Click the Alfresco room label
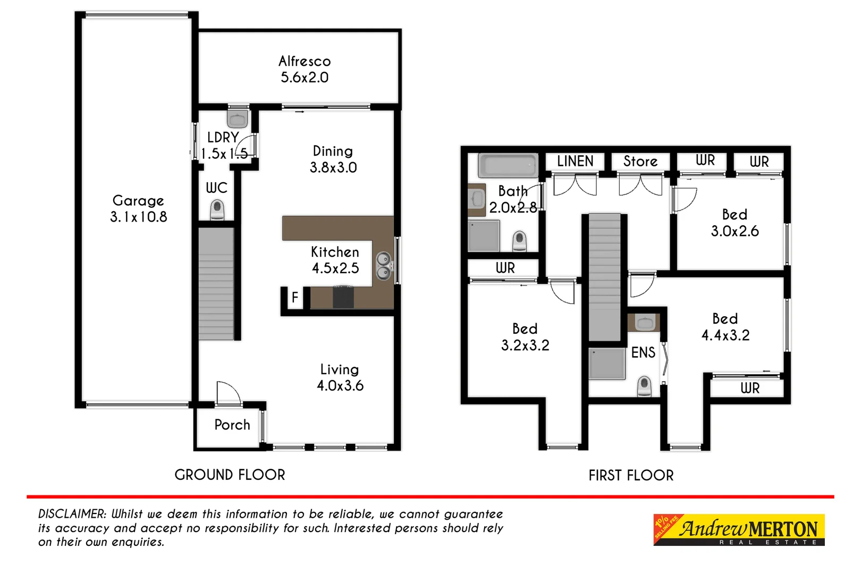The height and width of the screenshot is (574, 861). point(305,61)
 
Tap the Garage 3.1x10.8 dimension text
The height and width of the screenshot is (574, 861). point(138,217)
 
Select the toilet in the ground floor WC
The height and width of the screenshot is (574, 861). point(217,209)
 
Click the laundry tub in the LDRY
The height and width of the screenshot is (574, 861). point(238,118)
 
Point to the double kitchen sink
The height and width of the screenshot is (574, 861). point(383,266)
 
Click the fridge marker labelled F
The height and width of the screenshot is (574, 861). point(295,298)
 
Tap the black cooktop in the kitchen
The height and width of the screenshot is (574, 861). point(343,297)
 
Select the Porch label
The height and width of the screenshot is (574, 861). point(232,425)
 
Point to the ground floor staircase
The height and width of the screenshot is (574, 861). point(216,284)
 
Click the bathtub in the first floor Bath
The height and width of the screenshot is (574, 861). point(508,165)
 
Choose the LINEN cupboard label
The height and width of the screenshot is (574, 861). point(575,161)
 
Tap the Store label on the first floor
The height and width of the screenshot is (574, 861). point(640,161)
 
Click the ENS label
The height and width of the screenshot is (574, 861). point(643,352)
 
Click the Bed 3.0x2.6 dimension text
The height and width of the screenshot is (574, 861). point(735,231)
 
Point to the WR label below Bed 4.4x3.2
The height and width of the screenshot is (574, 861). point(750,389)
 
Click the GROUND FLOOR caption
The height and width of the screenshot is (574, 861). point(230,475)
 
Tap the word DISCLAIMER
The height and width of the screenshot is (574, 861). point(72,514)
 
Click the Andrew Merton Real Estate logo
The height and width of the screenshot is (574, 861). point(739,530)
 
